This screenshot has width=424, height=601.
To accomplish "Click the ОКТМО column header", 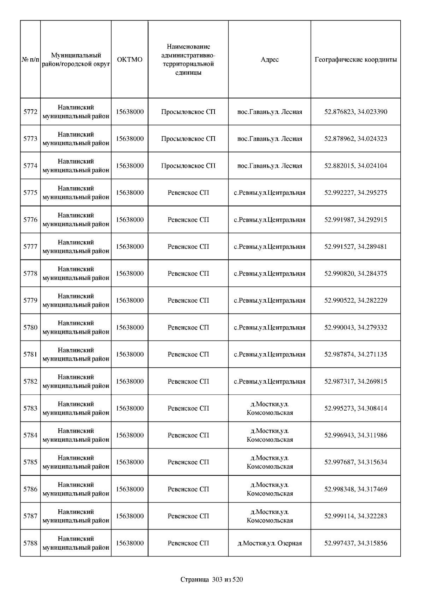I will pyautogui.click(x=130, y=59).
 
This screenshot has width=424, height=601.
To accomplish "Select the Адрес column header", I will pyautogui.click(x=270, y=59).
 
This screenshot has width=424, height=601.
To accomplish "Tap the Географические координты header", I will pyautogui.click(x=355, y=59).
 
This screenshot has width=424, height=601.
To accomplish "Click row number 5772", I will pyautogui.click(x=30, y=112).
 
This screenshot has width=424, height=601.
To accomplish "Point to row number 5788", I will pyautogui.click(x=30, y=543).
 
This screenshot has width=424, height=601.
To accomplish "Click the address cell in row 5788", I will pyautogui.click(x=270, y=543).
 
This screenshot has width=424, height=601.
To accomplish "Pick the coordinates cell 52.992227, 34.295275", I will pyautogui.click(x=355, y=193).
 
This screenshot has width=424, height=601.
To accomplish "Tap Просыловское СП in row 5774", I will pyautogui.click(x=188, y=166).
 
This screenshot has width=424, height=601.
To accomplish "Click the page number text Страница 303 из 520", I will pyautogui.click(x=212, y=579).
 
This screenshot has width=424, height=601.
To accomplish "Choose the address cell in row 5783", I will pyautogui.click(x=270, y=408).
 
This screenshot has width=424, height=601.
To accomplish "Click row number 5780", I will pyautogui.click(x=30, y=327).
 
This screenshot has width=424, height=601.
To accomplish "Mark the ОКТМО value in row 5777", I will pyautogui.click(x=130, y=247).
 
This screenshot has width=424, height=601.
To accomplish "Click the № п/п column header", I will pyautogui.click(x=30, y=59).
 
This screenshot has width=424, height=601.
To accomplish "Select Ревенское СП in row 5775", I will pyautogui.click(x=188, y=193).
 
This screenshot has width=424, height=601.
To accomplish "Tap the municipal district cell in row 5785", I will pyautogui.click(x=76, y=462).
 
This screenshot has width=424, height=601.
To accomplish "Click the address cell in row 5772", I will pyautogui.click(x=270, y=112).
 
